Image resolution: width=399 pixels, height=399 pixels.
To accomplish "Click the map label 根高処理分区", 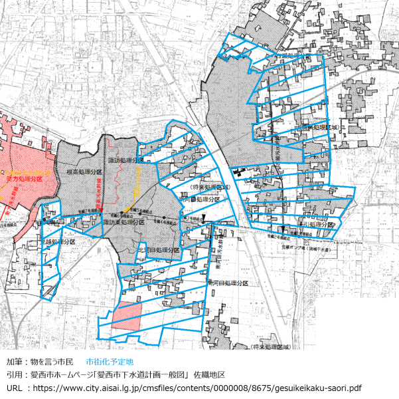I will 84,172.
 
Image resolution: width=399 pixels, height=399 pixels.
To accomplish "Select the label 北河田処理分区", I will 159,250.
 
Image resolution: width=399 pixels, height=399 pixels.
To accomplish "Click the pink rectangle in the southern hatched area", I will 127,315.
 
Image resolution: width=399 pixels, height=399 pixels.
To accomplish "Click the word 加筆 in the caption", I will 14,362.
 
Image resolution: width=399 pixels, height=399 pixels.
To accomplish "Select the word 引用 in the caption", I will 14,375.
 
